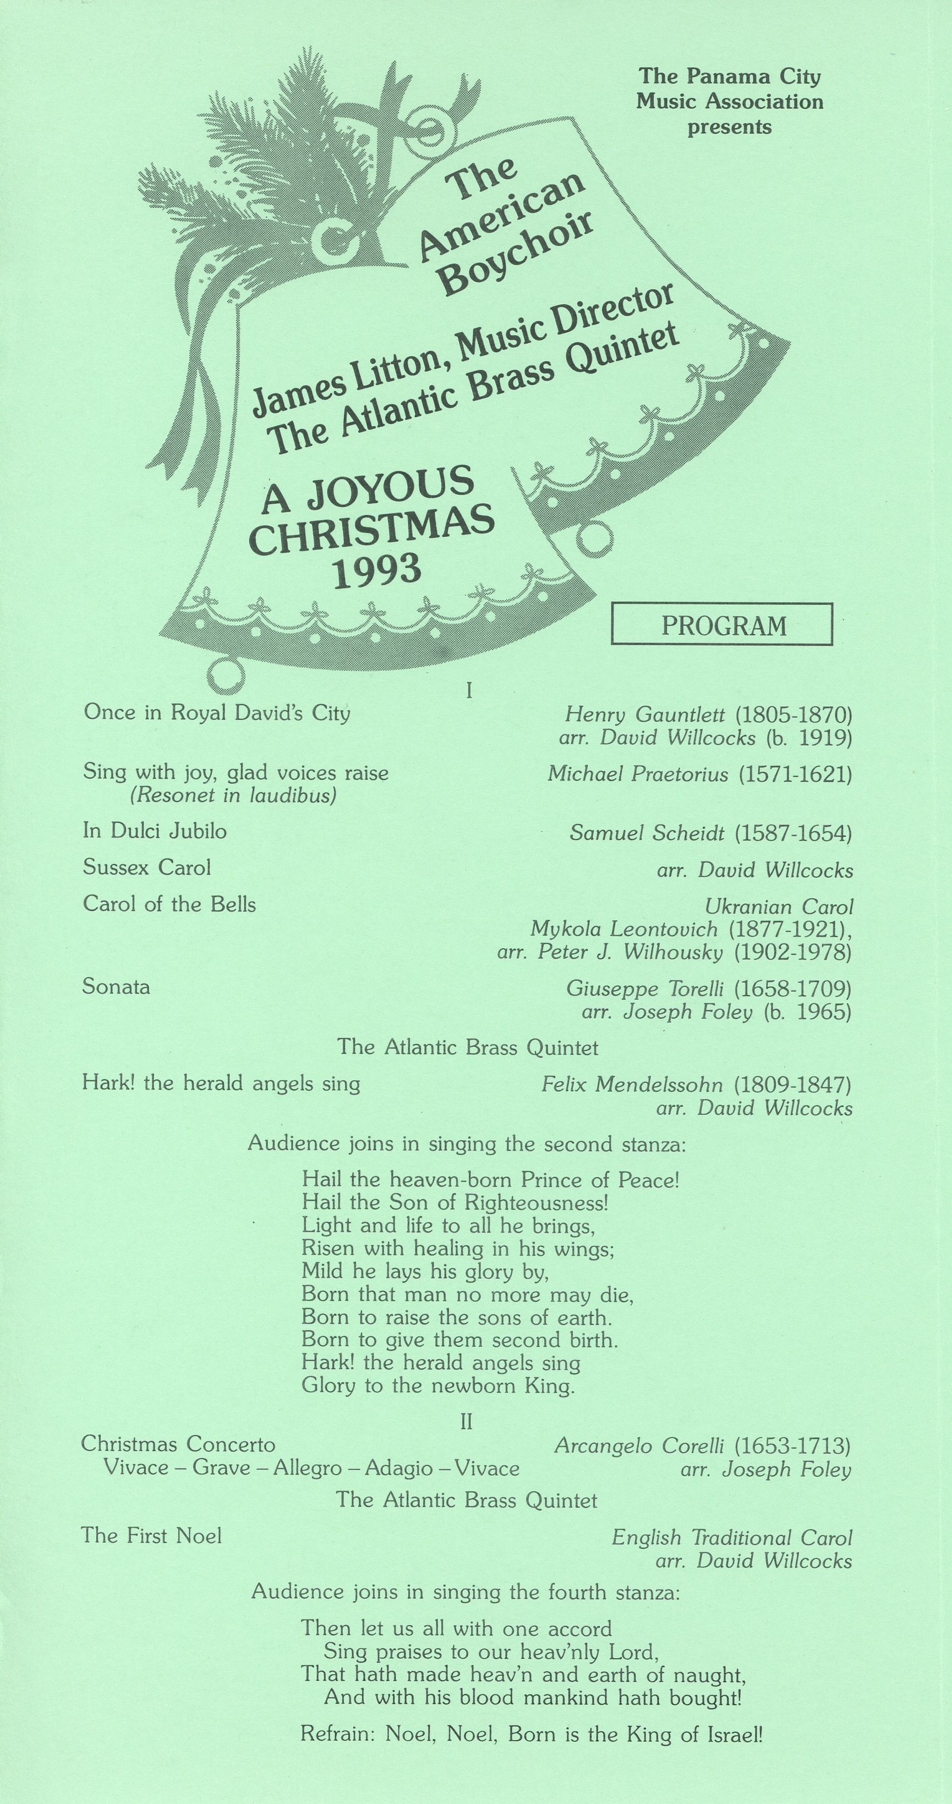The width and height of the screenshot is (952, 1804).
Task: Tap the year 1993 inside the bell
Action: [x=377, y=571]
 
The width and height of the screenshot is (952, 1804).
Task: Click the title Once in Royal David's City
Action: [x=216, y=713]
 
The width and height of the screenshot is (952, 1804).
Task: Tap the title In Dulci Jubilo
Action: [x=155, y=831]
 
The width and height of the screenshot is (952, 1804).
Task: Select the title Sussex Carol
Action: [x=146, y=868]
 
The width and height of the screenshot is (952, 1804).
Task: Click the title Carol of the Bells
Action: [x=169, y=904]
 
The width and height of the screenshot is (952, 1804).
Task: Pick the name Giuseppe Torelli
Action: [x=647, y=989]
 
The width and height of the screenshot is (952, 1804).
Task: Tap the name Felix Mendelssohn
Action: [x=631, y=1085]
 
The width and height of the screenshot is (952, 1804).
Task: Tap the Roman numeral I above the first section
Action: [x=469, y=691]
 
